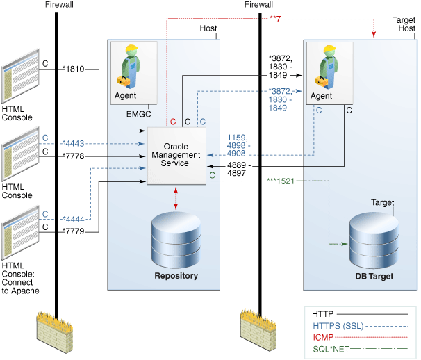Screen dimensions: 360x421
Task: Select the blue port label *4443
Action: [74, 143]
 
